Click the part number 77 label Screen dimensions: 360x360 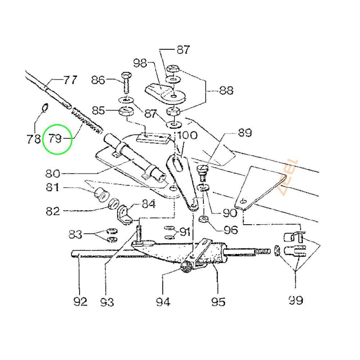[70, 80]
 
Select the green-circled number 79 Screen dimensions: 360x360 [56, 138]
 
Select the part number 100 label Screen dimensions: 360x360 [187, 136]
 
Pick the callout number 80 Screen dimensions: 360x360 [53, 174]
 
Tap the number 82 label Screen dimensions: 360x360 [53, 211]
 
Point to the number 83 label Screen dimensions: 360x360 [76, 235]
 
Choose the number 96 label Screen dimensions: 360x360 [230, 229]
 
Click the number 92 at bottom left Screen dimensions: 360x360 [80, 301]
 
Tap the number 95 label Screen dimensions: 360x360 [218, 301]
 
